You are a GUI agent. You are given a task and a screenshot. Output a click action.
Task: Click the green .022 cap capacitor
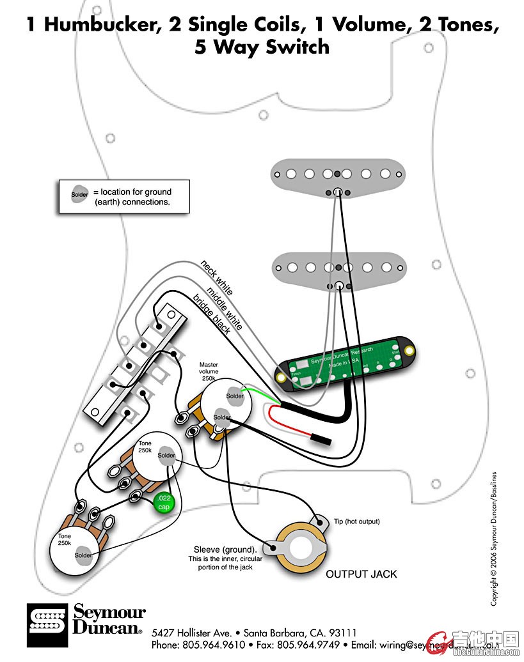point(163,502)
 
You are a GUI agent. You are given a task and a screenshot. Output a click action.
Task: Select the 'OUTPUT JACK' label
point(361,574)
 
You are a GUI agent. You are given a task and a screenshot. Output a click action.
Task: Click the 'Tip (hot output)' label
point(356,521)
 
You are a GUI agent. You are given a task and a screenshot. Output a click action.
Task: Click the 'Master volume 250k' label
point(209,371)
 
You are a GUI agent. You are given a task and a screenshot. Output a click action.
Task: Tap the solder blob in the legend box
point(80,195)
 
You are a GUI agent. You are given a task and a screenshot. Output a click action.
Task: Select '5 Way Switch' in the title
point(262,47)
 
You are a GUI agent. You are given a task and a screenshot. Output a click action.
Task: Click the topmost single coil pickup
point(339,173)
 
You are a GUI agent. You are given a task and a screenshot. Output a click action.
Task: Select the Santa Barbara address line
point(254,633)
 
